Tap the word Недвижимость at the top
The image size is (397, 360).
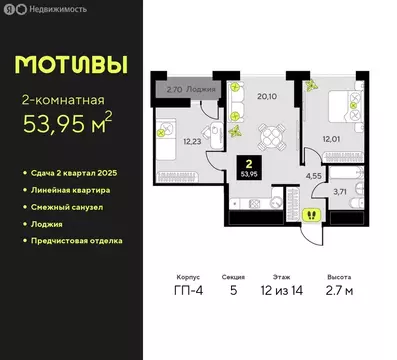click(x=53, y=9)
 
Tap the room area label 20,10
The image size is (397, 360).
click(x=265, y=96)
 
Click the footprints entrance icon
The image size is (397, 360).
click(x=310, y=213)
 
